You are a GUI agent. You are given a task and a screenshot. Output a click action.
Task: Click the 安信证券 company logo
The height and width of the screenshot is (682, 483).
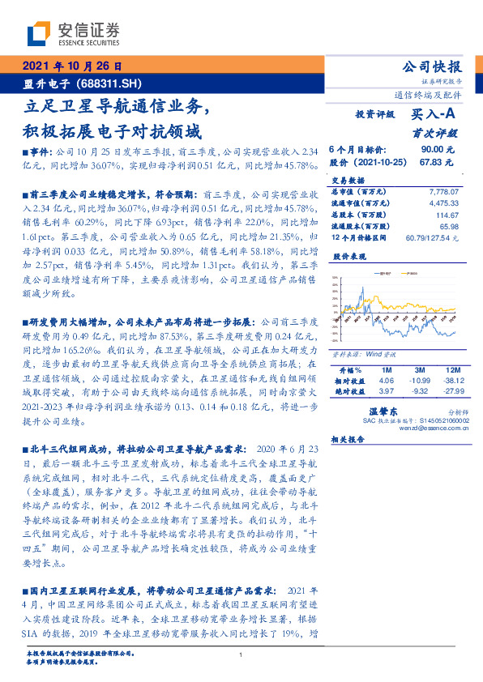tap(73, 34)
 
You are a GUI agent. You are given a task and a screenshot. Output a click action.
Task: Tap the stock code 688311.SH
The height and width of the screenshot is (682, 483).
tap(114, 83)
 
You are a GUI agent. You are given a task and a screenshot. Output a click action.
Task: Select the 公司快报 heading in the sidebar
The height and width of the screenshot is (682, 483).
tap(431, 67)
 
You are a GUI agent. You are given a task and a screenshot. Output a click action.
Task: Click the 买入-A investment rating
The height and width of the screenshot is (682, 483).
tap(435, 115)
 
